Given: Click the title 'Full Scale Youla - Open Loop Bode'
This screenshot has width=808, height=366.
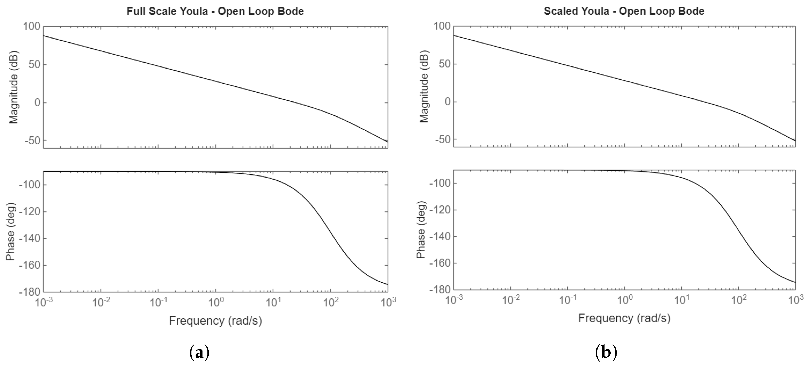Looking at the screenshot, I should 215,11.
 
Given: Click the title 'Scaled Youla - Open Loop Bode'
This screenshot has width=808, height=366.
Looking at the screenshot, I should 624,11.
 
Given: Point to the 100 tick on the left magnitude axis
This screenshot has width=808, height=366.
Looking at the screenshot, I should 32,26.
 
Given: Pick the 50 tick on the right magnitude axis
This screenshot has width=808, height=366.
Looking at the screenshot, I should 442,64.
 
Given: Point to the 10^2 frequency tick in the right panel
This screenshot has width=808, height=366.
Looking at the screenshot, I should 739,300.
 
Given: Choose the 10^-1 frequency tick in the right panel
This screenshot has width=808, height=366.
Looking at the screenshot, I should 567,300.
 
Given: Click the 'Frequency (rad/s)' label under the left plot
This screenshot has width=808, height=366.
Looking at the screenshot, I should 215,321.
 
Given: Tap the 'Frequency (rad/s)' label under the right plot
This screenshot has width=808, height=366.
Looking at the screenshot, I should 624,318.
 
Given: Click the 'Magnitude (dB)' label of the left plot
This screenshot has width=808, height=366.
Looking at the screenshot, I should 13,87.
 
